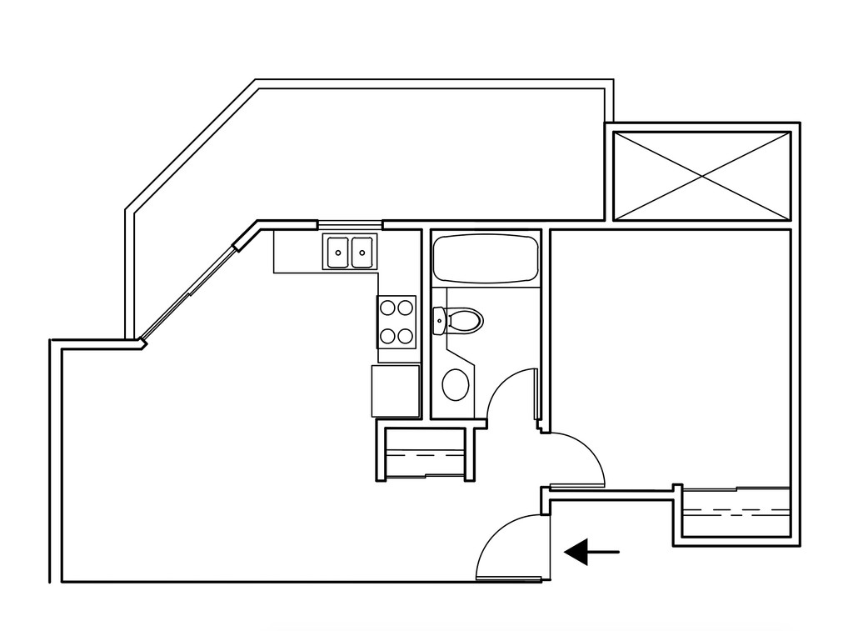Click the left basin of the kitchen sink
coord(338,253)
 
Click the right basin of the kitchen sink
coord(362,253)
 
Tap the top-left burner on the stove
coord(387,307)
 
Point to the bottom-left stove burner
coord(387,336)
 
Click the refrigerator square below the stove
coord(396,390)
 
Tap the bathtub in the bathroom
coord(485,258)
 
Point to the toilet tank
coord(439,320)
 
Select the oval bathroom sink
coord(455,384)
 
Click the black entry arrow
coord(591,551)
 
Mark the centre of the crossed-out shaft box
coord(701,174)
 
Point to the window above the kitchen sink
coord(350,223)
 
